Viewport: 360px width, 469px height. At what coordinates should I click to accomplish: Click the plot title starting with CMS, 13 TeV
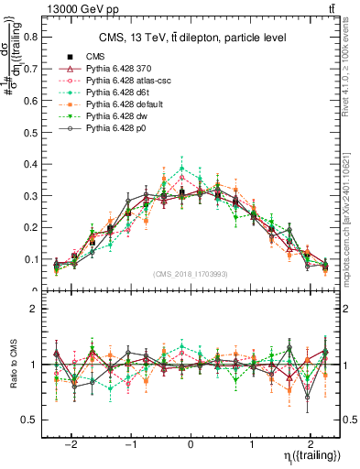194,38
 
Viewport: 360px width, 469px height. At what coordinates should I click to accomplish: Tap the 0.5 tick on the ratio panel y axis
35,420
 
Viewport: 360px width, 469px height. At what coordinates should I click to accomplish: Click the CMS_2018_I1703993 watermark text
191,274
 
